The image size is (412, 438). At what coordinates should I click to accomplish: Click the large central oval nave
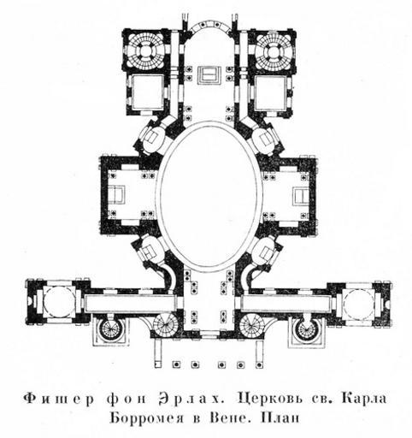tap(209, 197)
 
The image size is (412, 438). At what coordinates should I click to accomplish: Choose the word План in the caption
tap(280, 418)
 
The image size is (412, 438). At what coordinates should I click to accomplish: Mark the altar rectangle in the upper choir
tap(209, 75)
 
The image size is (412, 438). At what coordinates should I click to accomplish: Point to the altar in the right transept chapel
tap(301, 196)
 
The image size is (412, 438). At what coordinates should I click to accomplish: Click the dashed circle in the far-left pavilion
tap(59, 304)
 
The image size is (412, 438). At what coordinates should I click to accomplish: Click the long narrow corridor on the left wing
tap(130, 303)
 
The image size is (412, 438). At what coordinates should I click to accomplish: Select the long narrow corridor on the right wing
tap(286, 304)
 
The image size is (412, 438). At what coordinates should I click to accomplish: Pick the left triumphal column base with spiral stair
tap(109, 331)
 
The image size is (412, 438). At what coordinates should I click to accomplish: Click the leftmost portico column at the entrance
tap(176, 364)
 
